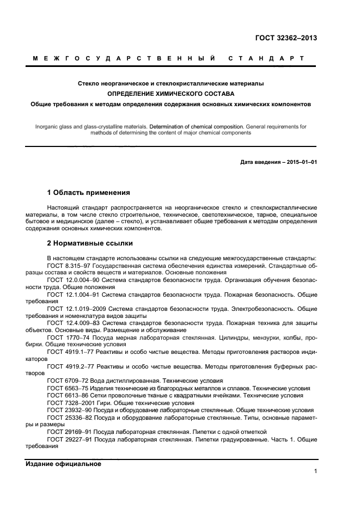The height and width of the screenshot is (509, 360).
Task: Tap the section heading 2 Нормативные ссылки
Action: pos(90,243)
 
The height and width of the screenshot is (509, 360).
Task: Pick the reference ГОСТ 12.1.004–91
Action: pos(70,294)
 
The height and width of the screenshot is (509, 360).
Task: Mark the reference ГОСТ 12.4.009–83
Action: pos(70,323)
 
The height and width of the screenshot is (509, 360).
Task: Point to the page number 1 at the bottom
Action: pos(315,471)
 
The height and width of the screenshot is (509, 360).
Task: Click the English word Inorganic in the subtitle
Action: pos(48,126)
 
